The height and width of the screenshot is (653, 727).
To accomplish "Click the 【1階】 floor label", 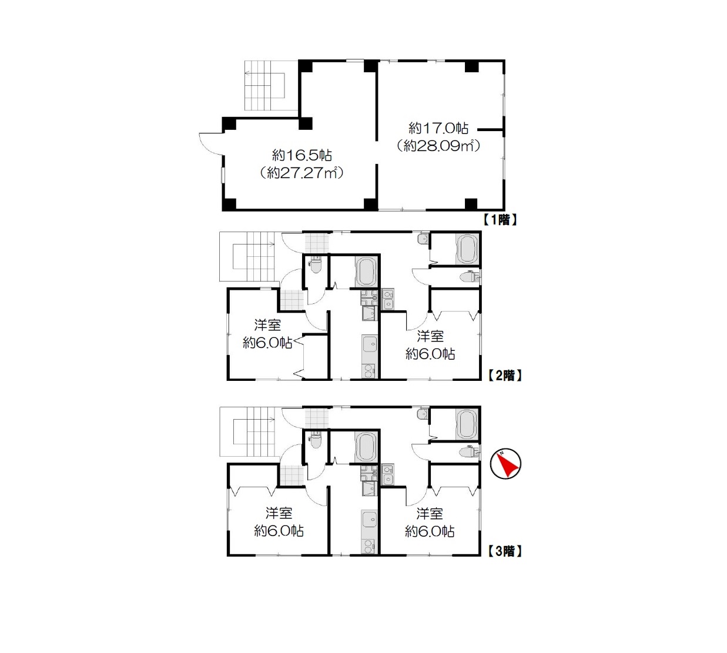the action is pyautogui.click(x=499, y=219).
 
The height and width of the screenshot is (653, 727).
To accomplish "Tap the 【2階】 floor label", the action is pyautogui.click(x=504, y=376).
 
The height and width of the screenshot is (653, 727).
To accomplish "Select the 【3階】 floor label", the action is pyautogui.click(x=504, y=551).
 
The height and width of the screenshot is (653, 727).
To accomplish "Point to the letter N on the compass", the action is pyautogui.click(x=502, y=453).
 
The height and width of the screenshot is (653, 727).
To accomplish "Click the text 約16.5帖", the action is pyautogui.click(x=301, y=155).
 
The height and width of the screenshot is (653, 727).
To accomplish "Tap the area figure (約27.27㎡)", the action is pyautogui.click(x=301, y=173).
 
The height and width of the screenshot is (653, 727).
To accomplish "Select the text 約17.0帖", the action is pyautogui.click(x=438, y=128).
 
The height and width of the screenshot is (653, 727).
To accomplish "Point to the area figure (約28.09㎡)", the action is pyautogui.click(x=438, y=145).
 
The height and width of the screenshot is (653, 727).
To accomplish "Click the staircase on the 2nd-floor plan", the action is pyautogui.click(x=247, y=256).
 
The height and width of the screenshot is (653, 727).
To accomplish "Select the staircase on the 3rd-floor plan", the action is pyautogui.click(x=247, y=431).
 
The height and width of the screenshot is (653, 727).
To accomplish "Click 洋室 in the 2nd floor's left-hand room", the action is pyautogui.click(x=267, y=325).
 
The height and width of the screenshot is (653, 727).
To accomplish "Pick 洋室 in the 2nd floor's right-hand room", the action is pyautogui.click(x=430, y=336).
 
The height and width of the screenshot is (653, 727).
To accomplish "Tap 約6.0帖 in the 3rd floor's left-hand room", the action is pyautogui.click(x=279, y=531).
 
